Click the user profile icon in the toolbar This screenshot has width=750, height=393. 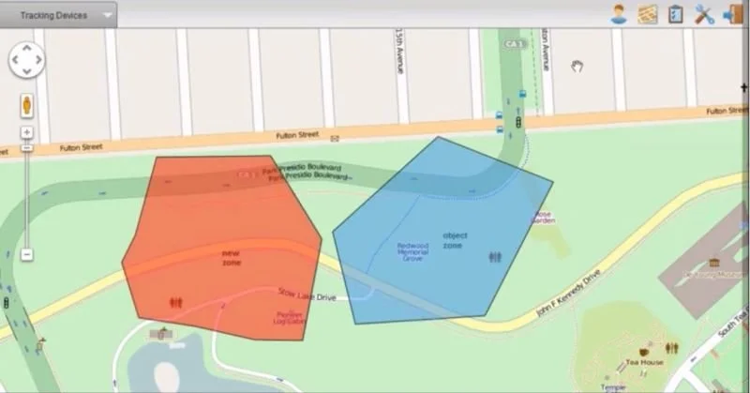[619, 14]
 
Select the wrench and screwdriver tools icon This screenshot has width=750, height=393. [703, 14]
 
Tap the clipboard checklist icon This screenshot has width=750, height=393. [675, 14]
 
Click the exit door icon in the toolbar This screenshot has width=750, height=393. [732, 14]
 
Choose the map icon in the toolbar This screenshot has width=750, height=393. [647, 14]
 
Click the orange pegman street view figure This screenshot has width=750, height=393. [26, 104]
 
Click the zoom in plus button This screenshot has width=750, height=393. [26, 132]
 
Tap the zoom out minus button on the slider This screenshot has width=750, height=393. [26, 254]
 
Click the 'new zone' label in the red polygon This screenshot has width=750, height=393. [231, 257]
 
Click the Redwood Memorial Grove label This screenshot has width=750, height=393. [412, 250]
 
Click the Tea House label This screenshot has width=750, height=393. [645, 362]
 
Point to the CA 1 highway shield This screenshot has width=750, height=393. [512, 44]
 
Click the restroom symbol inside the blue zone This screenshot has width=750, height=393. [495, 256]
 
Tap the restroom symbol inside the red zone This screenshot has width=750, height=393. [175, 303]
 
